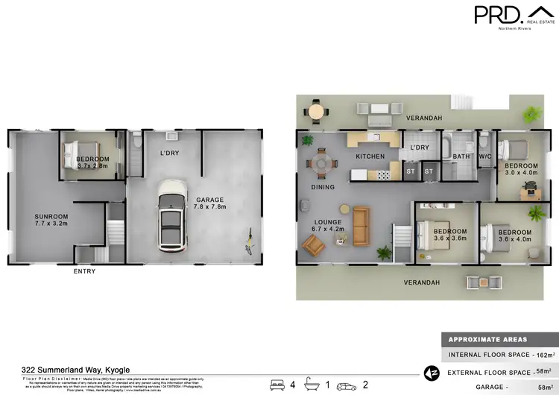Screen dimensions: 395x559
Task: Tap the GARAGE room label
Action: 210,199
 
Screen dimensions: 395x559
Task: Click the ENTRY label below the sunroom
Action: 84,271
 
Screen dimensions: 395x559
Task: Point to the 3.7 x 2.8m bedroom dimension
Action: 92,166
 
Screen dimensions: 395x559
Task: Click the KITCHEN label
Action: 370,157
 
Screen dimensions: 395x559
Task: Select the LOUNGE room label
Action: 328,222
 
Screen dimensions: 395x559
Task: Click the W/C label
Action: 485,157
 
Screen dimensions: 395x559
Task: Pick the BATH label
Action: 461,157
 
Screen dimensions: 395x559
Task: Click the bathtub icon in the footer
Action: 312,385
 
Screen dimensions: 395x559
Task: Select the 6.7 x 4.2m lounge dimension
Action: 329,230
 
